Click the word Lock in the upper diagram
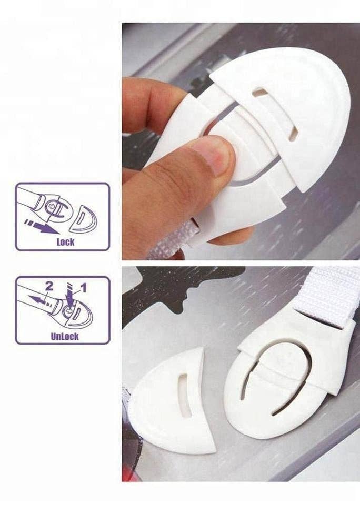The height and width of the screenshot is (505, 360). click(x=65, y=242)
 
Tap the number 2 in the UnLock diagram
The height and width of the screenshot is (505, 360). click(x=49, y=287)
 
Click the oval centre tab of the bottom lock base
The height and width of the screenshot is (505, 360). click(x=276, y=368)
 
